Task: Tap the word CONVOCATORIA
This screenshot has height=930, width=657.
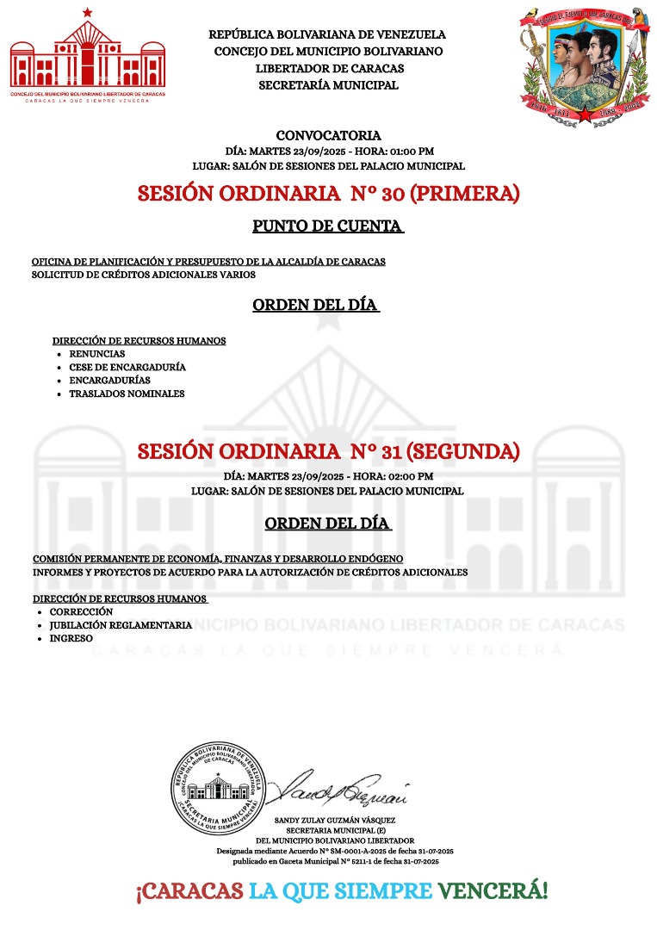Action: pyautogui.click(x=328, y=135)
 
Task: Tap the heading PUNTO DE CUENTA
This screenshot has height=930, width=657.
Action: pyautogui.click(x=327, y=226)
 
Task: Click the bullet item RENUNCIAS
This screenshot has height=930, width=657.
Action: pyautogui.click(x=96, y=354)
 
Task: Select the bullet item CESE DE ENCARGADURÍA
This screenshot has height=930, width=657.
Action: pyautogui.click(x=127, y=367)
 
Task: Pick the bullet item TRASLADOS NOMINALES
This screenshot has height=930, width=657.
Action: pyautogui.click(x=127, y=394)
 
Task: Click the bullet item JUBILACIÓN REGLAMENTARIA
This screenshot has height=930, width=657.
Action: pyautogui.click(x=121, y=625)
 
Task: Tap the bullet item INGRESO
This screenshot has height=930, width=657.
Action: pyautogui.click(x=71, y=638)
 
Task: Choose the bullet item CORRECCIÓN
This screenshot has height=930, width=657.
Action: pyautogui.click(x=81, y=611)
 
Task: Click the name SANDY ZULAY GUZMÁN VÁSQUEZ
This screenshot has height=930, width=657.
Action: pyautogui.click(x=335, y=820)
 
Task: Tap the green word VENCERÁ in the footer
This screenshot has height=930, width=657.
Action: pyautogui.click(x=493, y=890)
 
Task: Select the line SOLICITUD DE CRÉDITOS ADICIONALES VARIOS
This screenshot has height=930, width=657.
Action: pyautogui.click(x=143, y=275)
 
